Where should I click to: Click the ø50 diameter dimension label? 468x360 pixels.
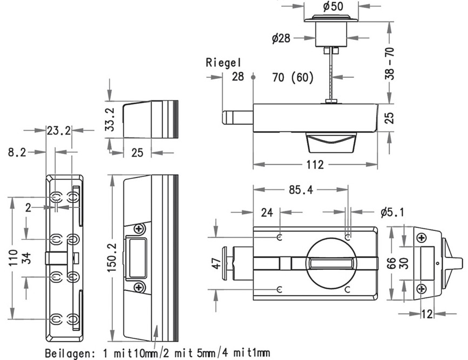coord(333,6)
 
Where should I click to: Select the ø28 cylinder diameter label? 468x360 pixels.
coord(281,38)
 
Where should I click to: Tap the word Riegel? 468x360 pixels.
coord(223,63)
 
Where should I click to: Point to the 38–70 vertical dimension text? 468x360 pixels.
coord(390,63)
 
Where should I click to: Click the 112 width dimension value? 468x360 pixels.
coord(315,165)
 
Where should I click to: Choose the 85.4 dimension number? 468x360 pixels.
coord(301,190)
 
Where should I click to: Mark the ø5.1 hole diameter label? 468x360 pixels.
coord(392,212)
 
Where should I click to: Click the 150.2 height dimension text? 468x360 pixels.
coord(112,257)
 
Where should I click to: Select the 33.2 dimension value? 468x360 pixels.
coord(110,119)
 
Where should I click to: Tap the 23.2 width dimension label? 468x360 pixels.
coord(59,131)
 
